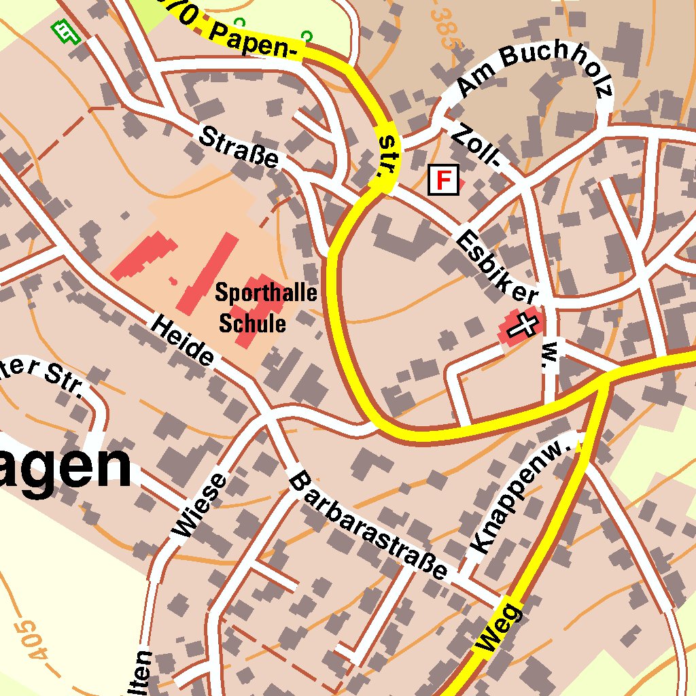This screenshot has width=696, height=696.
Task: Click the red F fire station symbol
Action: pyautogui.click(x=443, y=180)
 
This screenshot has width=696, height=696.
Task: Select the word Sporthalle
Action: pyautogui.click(x=266, y=293)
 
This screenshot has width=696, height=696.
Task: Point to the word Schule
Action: pyautogui.click(x=252, y=324)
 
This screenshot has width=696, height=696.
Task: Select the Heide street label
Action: pyautogui.click(x=182, y=339)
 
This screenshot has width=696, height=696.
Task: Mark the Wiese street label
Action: pyautogui.click(x=200, y=506)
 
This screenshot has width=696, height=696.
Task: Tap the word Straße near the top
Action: pyautogui.click(x=239, y=146)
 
